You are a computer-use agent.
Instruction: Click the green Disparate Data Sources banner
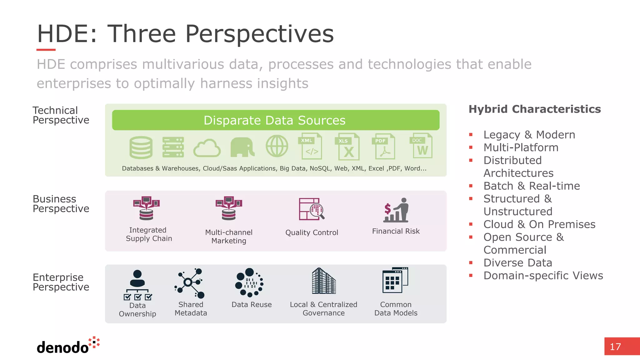pyautogui.click(x=275, y=120)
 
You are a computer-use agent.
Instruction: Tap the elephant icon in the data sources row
pyautogui.click(x=242, y=147)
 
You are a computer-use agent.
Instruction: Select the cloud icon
pyautogui.click(x=207, y=148)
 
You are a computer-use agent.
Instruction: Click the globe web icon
pyautogui.click(x=277, y=146)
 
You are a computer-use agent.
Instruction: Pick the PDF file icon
pyautogui.click(x=383, y=147)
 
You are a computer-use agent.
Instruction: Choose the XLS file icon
pyautogui.click(x=347, y=147)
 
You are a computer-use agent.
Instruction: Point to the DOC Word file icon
pyautogui.click(x=421, y=146)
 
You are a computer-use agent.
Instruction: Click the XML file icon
pyautogui.click(x=310, y=146)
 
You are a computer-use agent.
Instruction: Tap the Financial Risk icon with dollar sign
pyautogui.click(x=396, y=210)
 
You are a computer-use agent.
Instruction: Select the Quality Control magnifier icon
pyautogui.click(x=312, y=209)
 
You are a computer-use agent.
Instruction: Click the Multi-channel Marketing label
pyautogui.click(x=229, y=237)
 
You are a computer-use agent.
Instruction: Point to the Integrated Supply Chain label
pyautogui.click(x=149, y=234)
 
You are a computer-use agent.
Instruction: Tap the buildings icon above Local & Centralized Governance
pyautogui.click(x=324, y=281)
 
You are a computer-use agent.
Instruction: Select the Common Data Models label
pyautogui.click(x=396, y=309)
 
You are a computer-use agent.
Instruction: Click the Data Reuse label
pyautogui.click(x=252, y=305)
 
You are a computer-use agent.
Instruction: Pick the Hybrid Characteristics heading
pyautogui.click(x=535, y=109)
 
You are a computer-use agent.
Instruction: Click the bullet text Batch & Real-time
pyautogui.click(x=532, y=186)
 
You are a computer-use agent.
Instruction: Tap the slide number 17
pyautogui.click(x=615, y=347)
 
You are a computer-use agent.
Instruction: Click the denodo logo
pyautogui.click(x=67, y=346)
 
